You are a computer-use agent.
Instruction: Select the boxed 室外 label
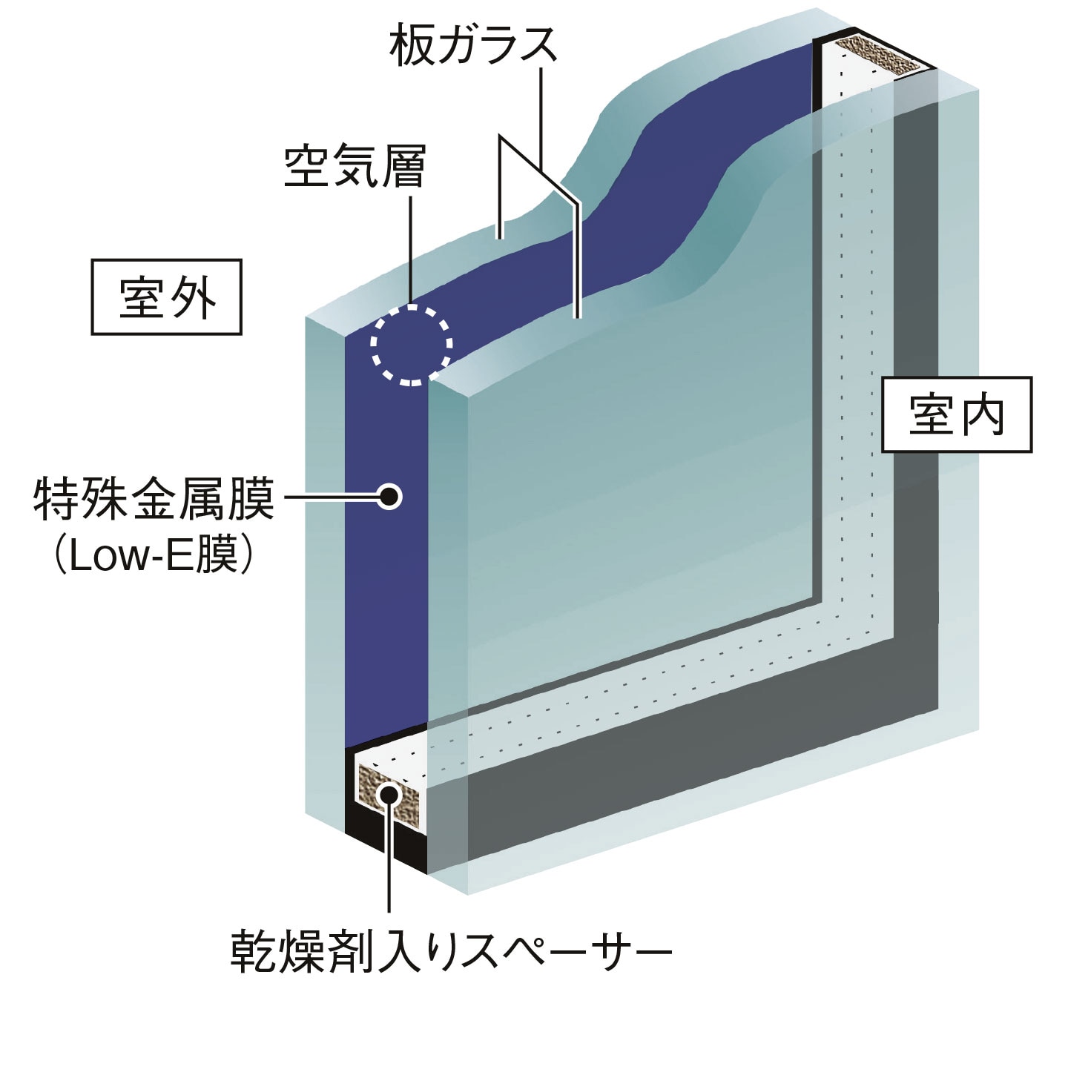(x=167, y=297)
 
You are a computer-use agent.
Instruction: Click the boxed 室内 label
(x=956, y=415)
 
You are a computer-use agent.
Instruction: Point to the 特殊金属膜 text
(x=154, y=499)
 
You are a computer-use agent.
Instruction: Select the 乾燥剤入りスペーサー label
(x=451, y=951)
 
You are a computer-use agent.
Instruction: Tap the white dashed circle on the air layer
(x=412, y=345)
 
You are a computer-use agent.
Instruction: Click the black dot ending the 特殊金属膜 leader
(x=389, y=496)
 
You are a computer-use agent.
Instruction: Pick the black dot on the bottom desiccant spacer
(x=388, y=795)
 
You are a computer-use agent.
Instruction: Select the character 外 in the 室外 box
(x=194, y=298)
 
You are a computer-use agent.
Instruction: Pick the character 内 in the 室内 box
(x=981, y=415)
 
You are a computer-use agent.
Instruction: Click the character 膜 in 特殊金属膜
(x=252, y=499)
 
